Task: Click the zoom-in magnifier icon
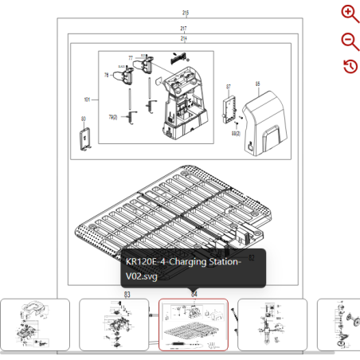click(349, 13)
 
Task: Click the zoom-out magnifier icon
click(349, 41)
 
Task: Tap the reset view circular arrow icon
click(349, 66)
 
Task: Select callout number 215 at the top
click(185, 13)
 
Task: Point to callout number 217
click(184, 29)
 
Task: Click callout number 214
click(184, 38)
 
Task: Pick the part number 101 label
click(87, 100)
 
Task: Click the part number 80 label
click(83, 119)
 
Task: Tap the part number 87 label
click(229, 86)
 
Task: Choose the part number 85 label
click(257, 82)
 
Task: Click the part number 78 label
click(106, 75)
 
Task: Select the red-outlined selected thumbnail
click(194, 324)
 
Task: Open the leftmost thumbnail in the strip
click(34, 324)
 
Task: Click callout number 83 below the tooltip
click(127, 295)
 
